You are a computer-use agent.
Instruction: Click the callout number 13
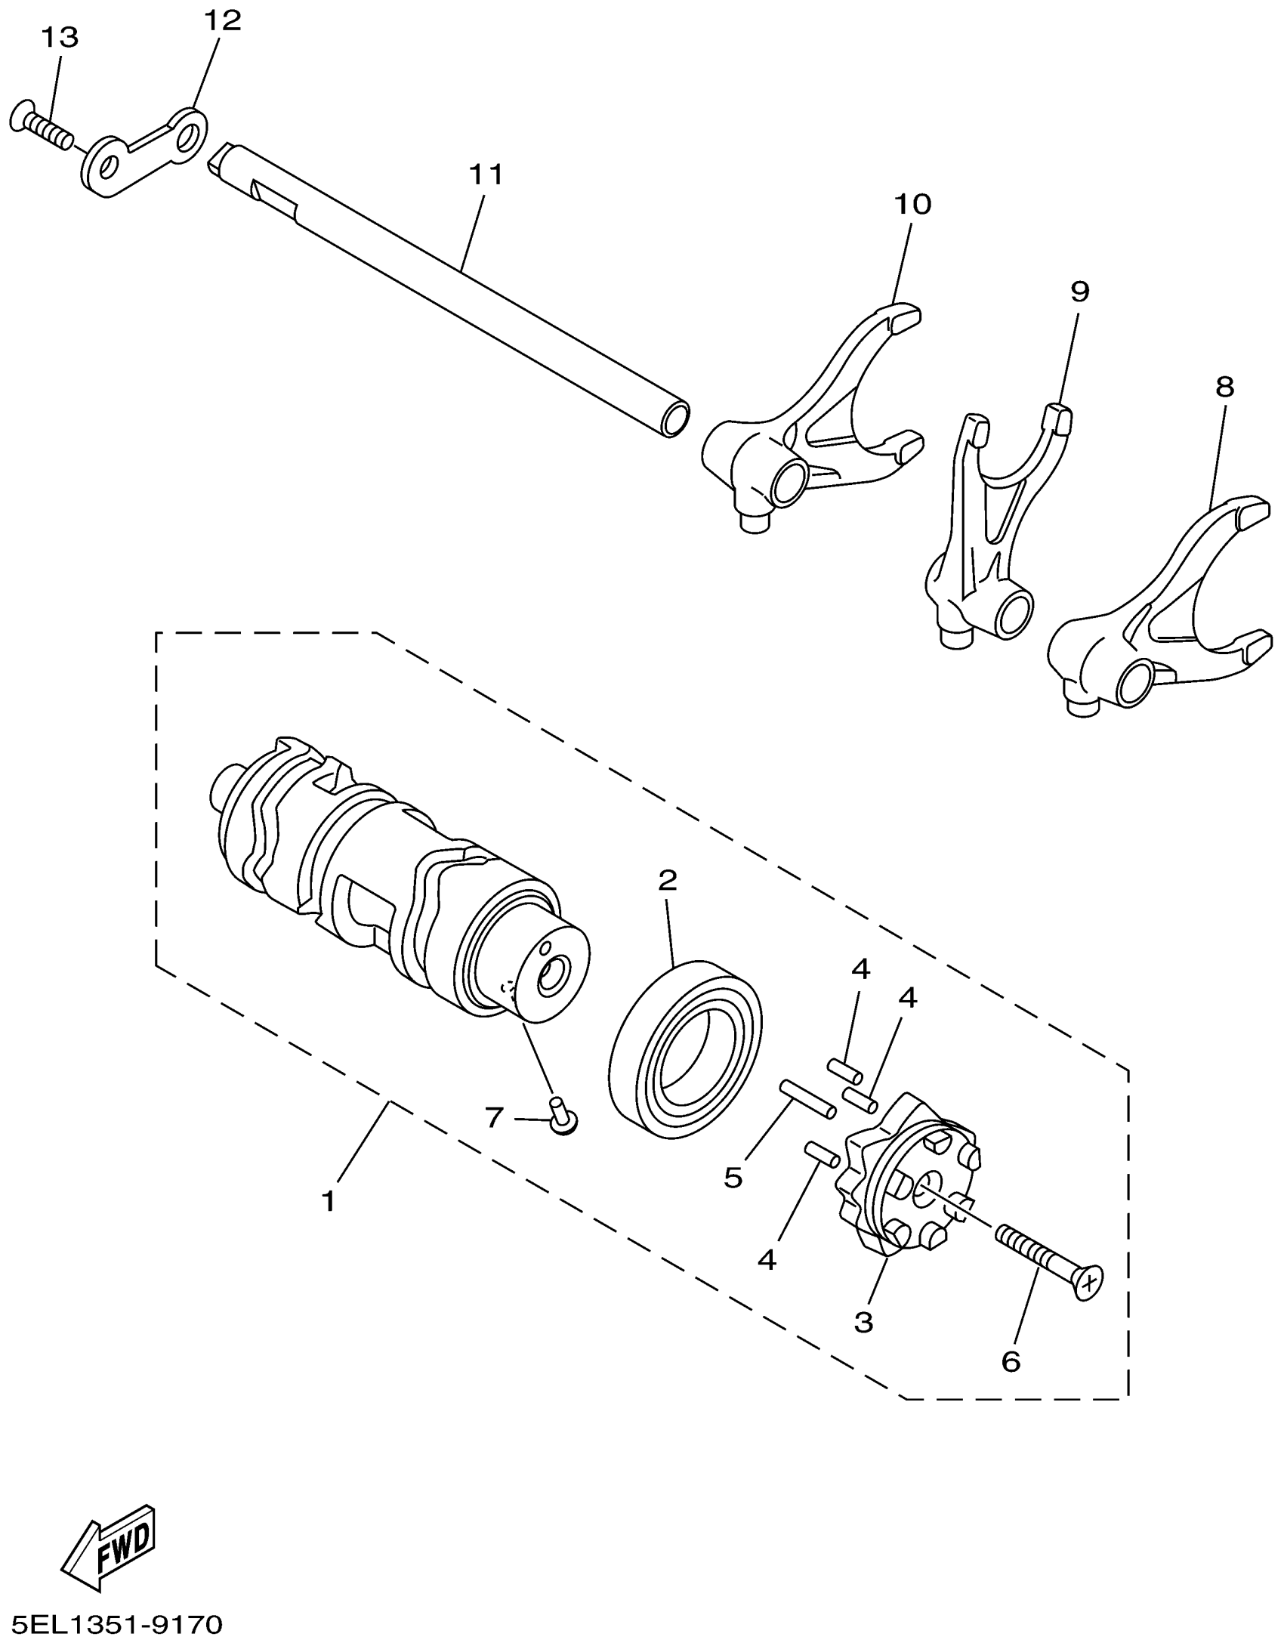coord(60,37)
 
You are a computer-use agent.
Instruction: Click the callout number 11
coord(486,174)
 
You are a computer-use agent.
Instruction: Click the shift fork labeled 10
coord(816,423)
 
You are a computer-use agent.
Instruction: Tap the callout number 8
coord(1225,388)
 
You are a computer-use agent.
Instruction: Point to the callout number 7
coord(494,1116)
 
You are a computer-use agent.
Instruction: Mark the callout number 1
coord(328,1201)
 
